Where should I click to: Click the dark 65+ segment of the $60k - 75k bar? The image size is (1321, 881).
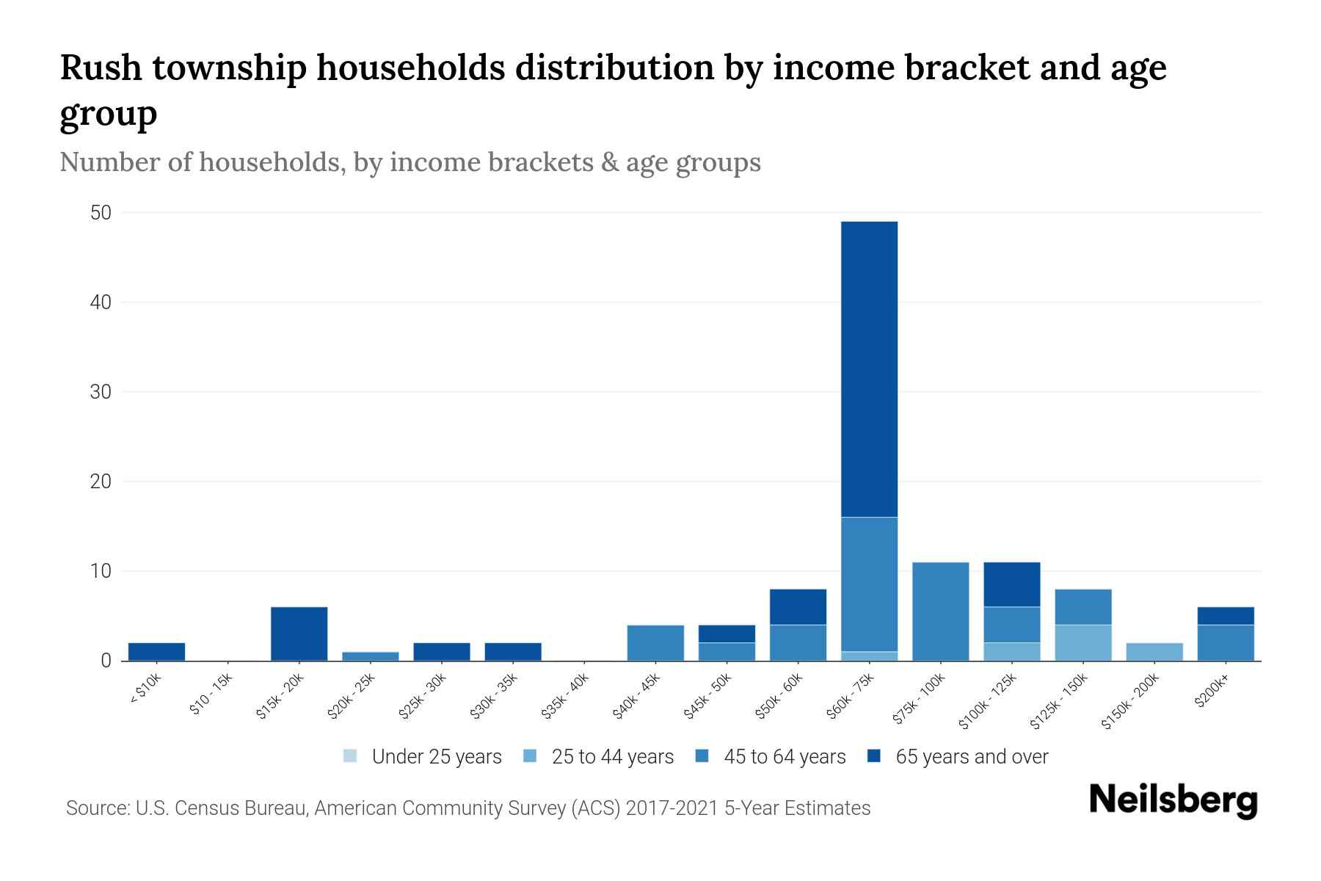coord(869,369)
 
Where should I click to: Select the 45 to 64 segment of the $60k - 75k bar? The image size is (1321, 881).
coord(869,584)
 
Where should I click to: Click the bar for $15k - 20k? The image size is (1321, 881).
coord(299,633)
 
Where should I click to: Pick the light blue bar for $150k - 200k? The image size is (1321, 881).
coord(1154,651)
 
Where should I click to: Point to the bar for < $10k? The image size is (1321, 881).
coord(156,651)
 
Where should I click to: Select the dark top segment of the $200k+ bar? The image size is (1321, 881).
coord(1226,615)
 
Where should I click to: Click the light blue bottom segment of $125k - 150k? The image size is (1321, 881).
coord(1083,642)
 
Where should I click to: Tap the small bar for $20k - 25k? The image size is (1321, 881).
coord(371,656)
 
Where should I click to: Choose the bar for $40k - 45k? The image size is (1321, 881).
coord(655,642)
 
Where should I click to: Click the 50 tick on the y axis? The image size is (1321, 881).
coord(101,213)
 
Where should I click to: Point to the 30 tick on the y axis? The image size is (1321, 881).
coord(101,392)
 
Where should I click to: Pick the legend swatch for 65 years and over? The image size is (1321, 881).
coord(874,756)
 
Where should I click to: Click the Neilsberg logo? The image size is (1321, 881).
coord(1173,800)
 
